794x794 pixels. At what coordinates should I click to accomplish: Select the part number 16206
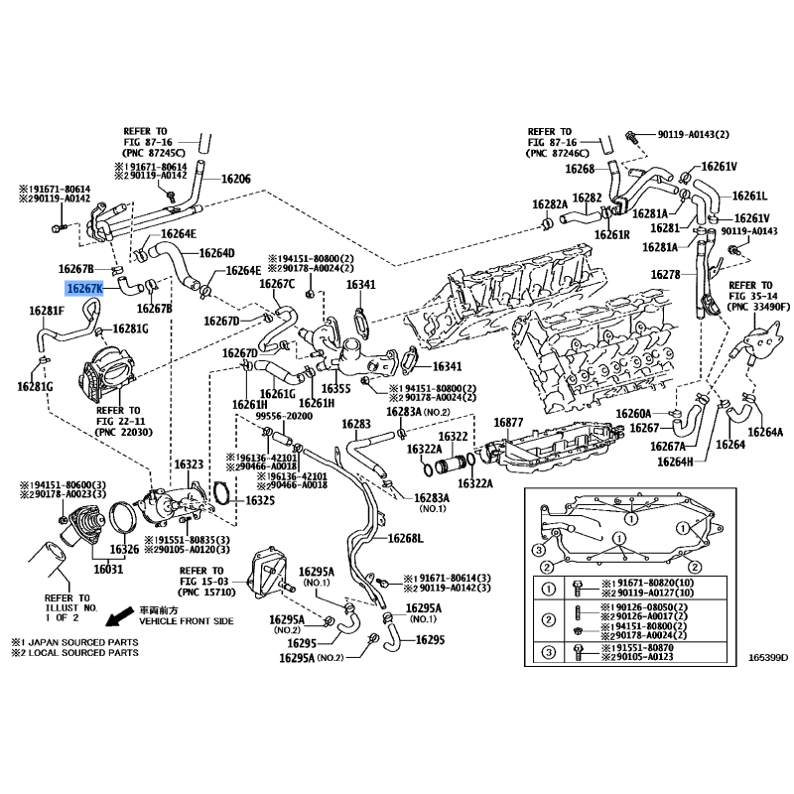[235, 180]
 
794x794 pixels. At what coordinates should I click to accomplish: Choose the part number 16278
[666, 274]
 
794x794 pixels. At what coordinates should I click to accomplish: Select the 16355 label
[337, 388]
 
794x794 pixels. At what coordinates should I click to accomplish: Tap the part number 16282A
[549, 204]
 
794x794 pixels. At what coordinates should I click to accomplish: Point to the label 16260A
[632, 413]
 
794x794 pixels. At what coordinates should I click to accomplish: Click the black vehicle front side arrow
[119, 617]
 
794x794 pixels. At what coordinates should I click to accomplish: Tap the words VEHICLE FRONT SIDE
[185, 620]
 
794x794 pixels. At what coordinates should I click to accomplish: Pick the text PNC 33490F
[758, 308]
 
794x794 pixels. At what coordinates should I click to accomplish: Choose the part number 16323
[189, 464]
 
